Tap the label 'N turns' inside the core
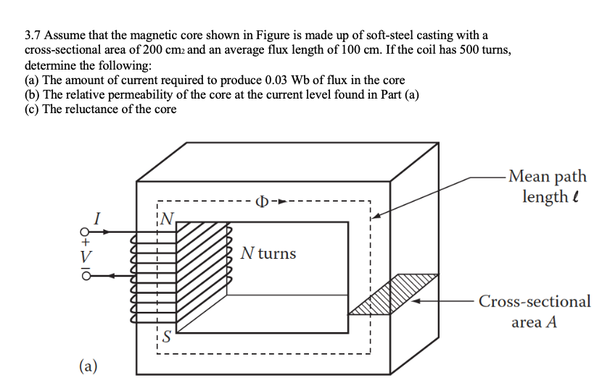point(268,254)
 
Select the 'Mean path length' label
point(548,186)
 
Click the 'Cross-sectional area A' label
point(535,311)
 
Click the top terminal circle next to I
point(86,233)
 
